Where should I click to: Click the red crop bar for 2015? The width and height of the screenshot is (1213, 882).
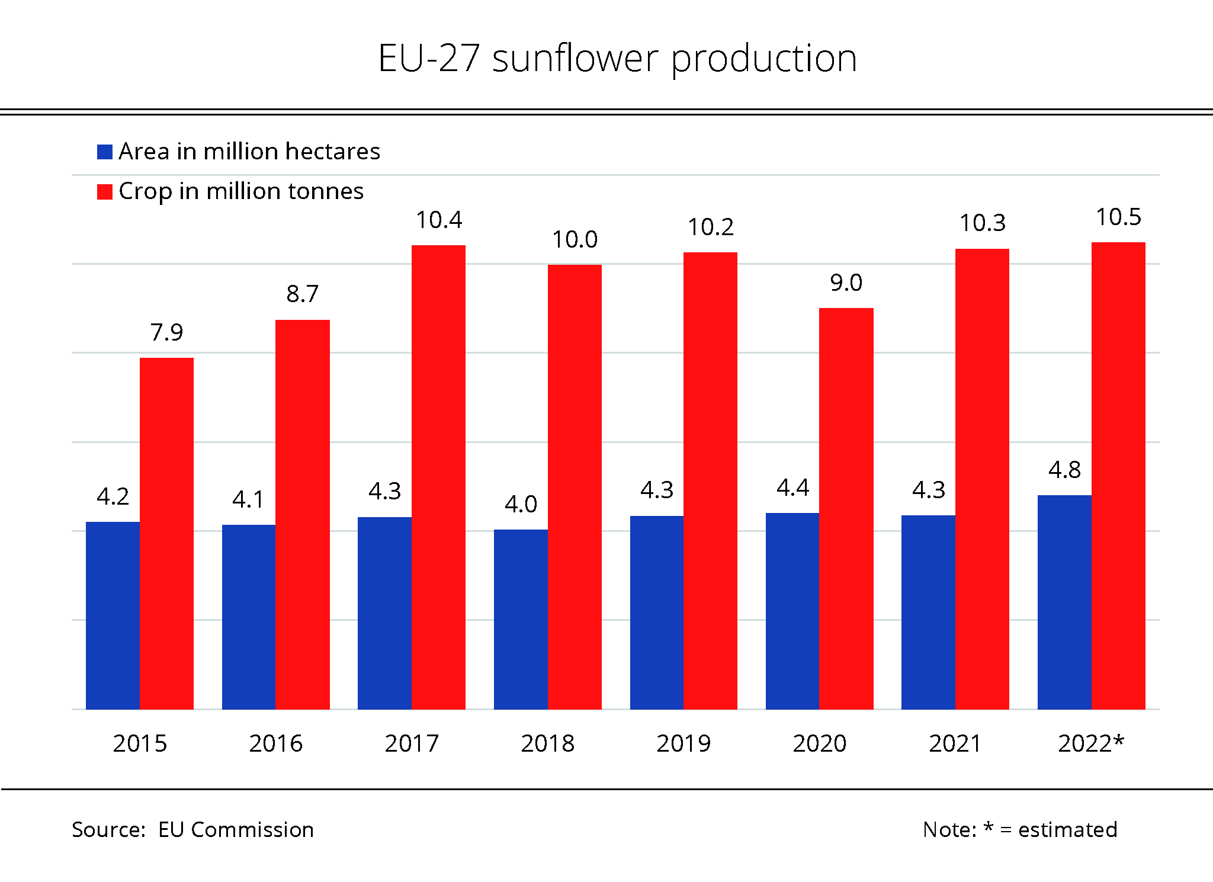[166, 533]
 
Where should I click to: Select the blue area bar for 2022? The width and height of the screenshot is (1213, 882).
[1064, 602]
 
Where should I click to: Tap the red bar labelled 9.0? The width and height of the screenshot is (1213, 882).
[846, 508]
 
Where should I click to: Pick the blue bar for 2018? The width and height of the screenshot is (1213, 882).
[521, 619]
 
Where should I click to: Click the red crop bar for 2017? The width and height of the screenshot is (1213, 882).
[438, 477]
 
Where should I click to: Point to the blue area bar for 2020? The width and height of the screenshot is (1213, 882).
[792, 611]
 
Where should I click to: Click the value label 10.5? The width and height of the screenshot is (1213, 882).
[1118, 217]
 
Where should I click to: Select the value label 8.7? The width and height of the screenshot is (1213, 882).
[302, 294]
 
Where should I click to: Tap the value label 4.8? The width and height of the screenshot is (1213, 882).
[1064, 470]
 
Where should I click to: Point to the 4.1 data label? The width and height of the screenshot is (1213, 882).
[248, 500]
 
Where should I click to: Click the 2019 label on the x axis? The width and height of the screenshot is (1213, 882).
[683, 743]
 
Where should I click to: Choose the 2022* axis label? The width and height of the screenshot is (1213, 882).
[1091, 743]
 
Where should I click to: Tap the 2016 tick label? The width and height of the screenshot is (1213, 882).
[276, 743]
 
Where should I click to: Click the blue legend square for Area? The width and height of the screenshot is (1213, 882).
[105, 152]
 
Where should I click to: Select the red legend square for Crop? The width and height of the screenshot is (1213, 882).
[105, 192]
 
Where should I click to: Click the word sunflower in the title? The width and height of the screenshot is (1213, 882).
[575, 59]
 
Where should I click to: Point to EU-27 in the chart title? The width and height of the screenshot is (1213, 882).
[429, 59]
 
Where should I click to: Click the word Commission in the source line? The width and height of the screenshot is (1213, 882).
[252, 830]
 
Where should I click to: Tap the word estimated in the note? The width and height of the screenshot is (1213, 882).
[1067, 830]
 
